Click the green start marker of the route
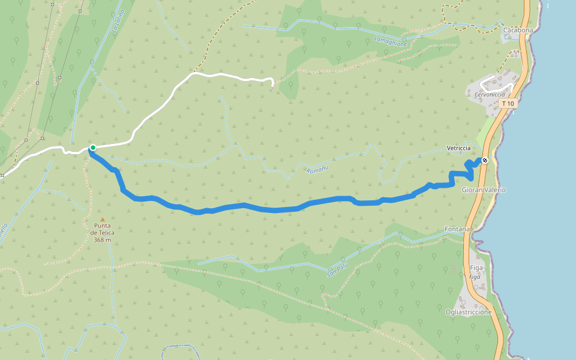pos(93,148)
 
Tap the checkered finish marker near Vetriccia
pos(484,160)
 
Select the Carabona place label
pos(518,30)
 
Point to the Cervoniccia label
pos(490,95)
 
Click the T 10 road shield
pos(508,104)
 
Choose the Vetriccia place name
pos(458,148)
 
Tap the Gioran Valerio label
pos(484,190)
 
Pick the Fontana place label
pos(457,229)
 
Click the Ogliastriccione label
pos(469,312)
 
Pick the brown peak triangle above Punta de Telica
pos(103,220)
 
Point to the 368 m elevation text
pos(103,240)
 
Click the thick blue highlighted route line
pos(270,209)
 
